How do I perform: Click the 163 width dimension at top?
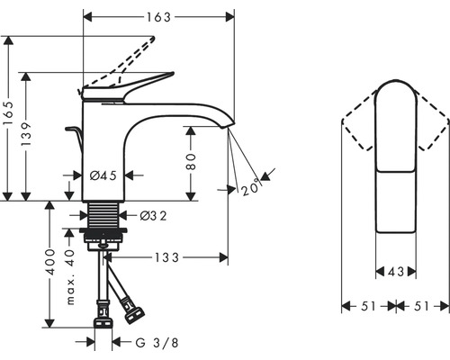coord(158,17)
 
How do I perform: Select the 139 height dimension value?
coord(26,134)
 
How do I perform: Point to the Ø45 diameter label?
coord(103,175)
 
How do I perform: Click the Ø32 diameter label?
coord(153,215)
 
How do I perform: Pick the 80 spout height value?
coord(191,162)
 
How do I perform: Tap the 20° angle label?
coord(251,187)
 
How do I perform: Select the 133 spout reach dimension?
coord(166,257)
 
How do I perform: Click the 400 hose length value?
coord(50,262)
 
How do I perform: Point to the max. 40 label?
coord(70,276)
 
